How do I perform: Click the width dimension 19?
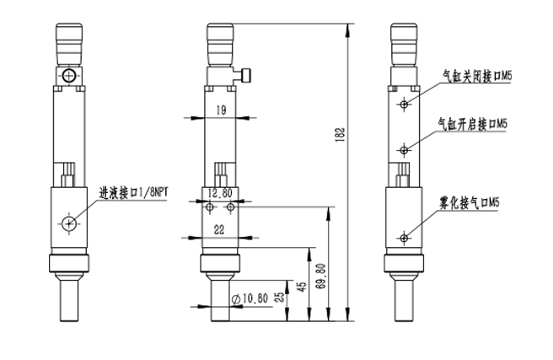click(x=220, y=109)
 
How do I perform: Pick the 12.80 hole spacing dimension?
click(x=220, y=193)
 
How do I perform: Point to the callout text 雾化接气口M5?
click(x=470, y=203)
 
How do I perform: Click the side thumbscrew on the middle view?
click(x=247, y=76)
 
